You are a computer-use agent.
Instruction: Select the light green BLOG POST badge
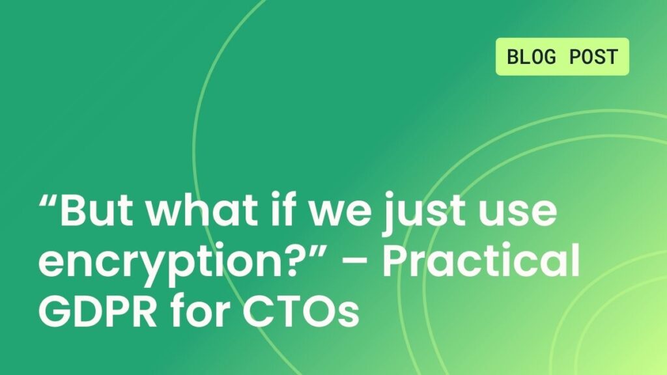(562, 57)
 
